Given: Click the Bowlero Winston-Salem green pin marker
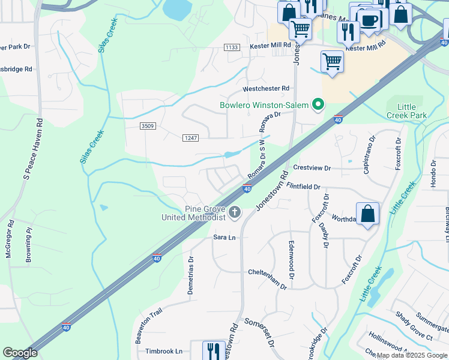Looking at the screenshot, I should coord(318,106).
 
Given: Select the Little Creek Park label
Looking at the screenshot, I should coord(410,111).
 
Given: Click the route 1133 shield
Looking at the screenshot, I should coord(232,47).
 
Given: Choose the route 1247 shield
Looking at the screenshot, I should coord(190,138).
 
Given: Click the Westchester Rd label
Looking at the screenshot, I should coord(266,89).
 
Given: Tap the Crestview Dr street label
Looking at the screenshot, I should coord(312,167).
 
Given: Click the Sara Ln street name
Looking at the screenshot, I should coord(224,238).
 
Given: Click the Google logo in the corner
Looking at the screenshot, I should coord(20,353).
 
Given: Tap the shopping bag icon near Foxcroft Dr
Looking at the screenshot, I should coord(367,214).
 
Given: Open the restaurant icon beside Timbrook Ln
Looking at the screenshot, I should coord(214,349).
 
